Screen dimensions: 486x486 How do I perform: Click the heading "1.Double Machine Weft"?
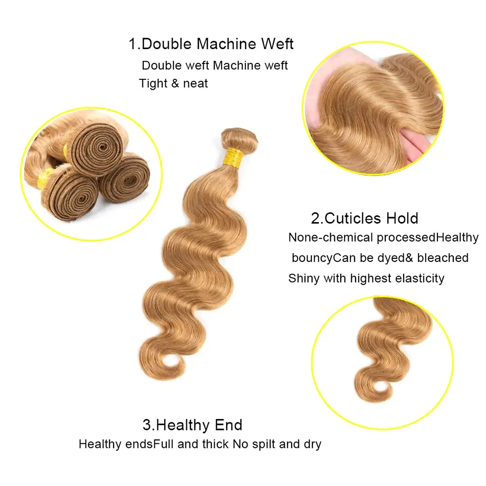(211, 44)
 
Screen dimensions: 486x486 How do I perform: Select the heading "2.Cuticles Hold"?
(364, 218)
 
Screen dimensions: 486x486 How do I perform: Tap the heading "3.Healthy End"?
(192, 425)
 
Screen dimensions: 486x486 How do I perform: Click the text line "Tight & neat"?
(174, 83)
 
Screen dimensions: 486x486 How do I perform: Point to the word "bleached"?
(443, 258)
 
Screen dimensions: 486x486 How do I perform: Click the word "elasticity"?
(420, 278)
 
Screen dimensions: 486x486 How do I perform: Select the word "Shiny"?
(304, 278)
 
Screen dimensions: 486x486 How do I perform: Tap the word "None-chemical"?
(330, 238)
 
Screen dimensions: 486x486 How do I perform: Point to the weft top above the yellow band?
(239, 137)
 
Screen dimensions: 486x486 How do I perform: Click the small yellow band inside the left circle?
(47, 176)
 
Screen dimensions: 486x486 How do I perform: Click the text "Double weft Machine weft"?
(215, 65)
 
